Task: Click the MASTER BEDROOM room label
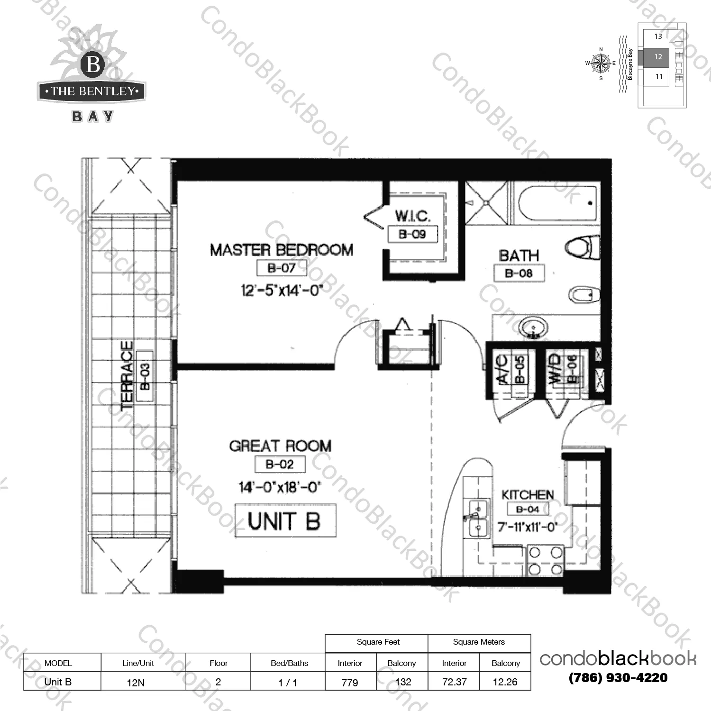click(x=282, y=250)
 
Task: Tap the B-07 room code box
click(x=282, y=268)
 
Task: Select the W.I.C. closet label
click(x=412, y=216)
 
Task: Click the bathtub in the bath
click(x=557, y=203)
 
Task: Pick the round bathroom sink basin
click(x=533, y=327)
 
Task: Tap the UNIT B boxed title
click(x=285, y=520)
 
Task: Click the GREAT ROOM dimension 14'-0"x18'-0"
click(x=280, y=487)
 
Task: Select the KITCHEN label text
click(x=528, y=494)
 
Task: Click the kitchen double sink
click(x=478, y=519)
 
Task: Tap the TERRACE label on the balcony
click(x=127, y=375)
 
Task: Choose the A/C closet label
click(x=503, y=369)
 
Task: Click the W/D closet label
click(x=555, y=369)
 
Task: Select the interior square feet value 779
click(x=350, y=683)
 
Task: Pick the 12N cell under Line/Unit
click(x=136, y=683)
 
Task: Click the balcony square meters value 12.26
click(x=505, y=682)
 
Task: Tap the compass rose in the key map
click(x=601, y=63)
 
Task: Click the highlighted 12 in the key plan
click(x=658, y=57)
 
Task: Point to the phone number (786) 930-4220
click(x=618, y=678)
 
